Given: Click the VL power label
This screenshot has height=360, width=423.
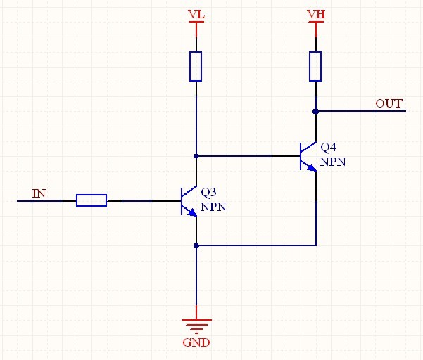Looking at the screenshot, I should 196,14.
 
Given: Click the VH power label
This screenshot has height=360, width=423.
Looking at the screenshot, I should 316,14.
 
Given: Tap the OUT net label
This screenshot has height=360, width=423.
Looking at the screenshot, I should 389,103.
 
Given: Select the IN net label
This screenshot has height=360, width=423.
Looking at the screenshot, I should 39,193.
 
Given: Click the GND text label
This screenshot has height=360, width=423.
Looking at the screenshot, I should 196,343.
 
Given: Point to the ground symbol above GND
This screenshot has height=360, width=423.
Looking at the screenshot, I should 196,325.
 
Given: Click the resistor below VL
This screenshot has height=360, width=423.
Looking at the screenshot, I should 196,65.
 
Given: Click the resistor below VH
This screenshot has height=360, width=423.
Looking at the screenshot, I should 316,65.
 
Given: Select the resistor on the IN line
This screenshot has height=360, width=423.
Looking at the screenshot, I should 91,201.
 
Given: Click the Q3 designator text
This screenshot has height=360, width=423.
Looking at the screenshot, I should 208,192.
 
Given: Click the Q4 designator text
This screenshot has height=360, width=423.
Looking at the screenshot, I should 328,148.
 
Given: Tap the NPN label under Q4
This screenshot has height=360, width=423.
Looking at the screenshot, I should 332,162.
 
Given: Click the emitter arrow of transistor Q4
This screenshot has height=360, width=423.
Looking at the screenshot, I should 312,167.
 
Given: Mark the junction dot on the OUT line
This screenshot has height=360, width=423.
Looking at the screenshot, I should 316,110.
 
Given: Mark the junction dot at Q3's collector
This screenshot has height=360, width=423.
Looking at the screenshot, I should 196,155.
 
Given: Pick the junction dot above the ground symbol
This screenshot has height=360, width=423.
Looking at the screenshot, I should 196,245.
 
